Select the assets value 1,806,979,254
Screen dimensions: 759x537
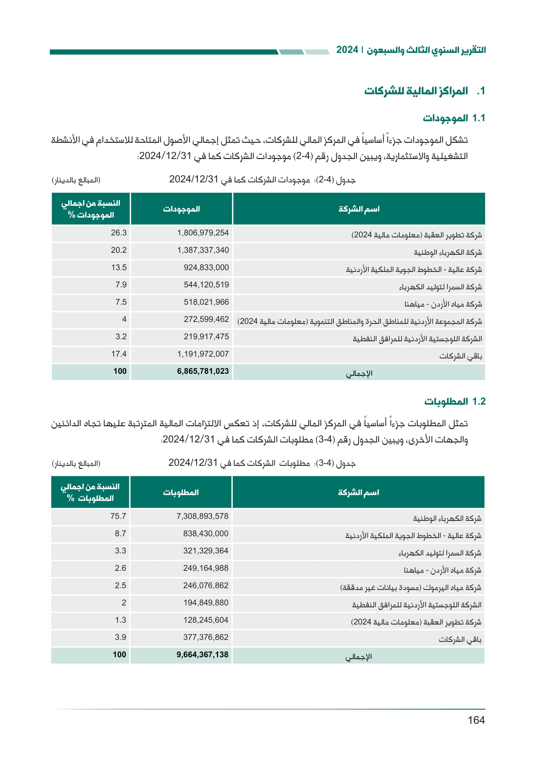(203, 233)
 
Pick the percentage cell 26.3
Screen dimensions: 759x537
(119, 233)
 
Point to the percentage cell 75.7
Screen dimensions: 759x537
(118, 516)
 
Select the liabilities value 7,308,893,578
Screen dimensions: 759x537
(202, 516)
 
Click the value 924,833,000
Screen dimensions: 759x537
(206, 267)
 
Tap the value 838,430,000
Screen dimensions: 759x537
(206, 533)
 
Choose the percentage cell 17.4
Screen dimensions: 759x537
(119, 354)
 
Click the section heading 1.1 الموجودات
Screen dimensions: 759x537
(454, 118)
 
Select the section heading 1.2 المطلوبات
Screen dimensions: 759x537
(455, 401)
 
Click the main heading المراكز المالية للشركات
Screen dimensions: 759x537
(416, 91)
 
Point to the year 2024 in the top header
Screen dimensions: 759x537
(347, 50)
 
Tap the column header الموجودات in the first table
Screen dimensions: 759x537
(181, 209)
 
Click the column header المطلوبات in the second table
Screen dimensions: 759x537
(181, 492)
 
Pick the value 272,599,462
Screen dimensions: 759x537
(206, 319)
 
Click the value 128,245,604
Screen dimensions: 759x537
(206, 620)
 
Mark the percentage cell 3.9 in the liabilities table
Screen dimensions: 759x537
(120, 637)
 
